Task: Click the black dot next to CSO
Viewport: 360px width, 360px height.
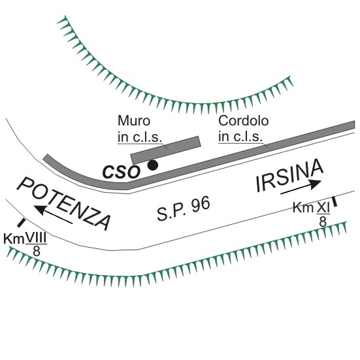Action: pos(153,165)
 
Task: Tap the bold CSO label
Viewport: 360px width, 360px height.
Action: pos(121,172)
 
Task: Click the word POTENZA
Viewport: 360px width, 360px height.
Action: pos(63,203)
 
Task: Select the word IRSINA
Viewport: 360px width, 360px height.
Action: pos(289,175)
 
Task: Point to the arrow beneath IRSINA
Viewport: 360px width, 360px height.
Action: pos(301,187)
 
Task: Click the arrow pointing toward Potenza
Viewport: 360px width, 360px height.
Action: pos(53,214)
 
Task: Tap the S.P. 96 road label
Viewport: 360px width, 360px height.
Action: pos(184,208)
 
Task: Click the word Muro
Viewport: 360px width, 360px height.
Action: pos(134,121)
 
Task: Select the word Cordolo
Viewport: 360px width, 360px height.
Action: pos(243,121)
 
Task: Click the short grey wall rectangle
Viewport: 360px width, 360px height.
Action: pos(165,150)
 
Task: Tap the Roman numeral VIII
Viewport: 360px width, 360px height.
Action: pos(36,238)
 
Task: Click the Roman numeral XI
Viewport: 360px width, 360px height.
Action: pos(323,208)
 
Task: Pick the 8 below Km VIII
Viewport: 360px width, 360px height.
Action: pos(37,251)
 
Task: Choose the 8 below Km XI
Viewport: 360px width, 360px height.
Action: pos(323,221)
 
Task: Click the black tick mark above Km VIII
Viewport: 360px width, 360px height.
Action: pos(22,223)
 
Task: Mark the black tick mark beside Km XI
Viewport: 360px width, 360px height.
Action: pos(335,201)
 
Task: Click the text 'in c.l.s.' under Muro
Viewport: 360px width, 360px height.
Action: pos(140,137)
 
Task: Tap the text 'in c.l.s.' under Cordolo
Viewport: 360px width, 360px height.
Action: pos(240,137)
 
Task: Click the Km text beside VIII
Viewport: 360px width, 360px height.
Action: pos(14,238)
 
